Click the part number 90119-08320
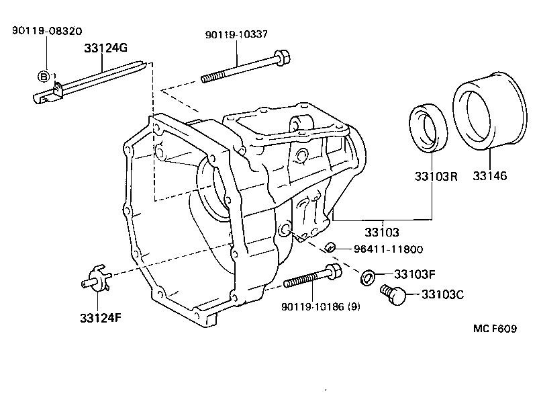point(45,31)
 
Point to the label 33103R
point(434,177)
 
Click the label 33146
point(489,177)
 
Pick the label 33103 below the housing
point(382,233)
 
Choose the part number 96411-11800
point(389,249)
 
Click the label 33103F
point(415,274)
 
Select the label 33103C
point(445,294)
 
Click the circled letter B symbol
point(44,77)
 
